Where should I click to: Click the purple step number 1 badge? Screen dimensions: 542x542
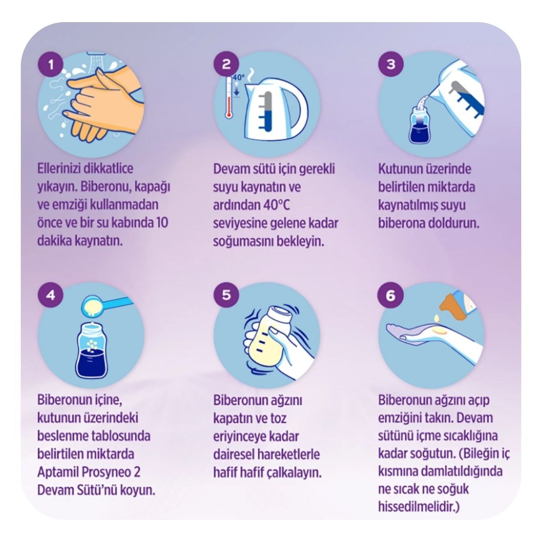click(51, 65)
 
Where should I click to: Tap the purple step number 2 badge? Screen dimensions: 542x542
click(226, 65)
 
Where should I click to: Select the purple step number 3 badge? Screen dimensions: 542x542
click(391, 65)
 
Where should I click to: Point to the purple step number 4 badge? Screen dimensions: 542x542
click(51, 295)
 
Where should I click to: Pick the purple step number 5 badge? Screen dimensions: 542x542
click(226, 295)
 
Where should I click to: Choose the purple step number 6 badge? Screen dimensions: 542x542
click(391, 295)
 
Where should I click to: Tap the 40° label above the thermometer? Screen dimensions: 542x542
click(239, 77)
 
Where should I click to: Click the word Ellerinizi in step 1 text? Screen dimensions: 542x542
click(59, 168)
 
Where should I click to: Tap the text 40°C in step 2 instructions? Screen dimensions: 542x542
click(276, 205)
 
